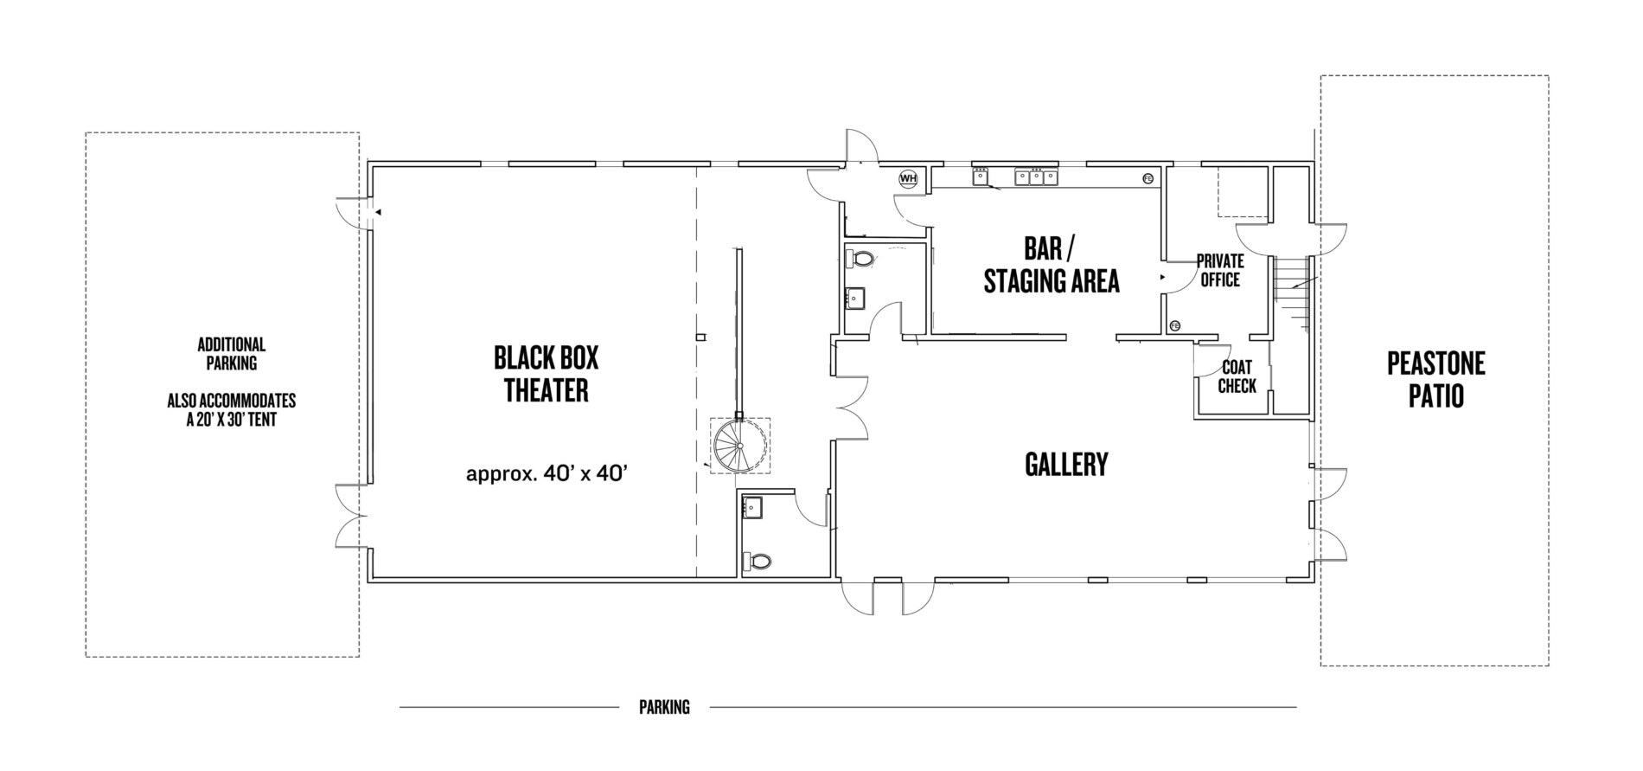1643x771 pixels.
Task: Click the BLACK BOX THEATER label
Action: (546, 374)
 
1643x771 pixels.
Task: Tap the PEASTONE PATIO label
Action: (1435, 379)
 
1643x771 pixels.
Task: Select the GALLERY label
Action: (1065, 465)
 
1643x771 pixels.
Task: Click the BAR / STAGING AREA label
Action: (1052, 266)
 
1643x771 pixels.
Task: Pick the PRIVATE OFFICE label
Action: (1220, 271)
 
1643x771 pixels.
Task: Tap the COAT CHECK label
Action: (1237, 377)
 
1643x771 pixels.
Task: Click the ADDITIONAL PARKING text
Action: (232, 353)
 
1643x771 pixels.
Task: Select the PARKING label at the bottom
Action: (664, 707)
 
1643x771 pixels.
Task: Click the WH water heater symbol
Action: (907, 178)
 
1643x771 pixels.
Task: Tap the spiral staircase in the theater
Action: (740, 446)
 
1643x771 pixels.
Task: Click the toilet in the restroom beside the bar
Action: (862, 259)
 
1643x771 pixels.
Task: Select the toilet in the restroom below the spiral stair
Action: (758, 562)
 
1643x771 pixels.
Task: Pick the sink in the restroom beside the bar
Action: (854, 299)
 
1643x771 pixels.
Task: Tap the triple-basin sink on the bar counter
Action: (1036, 177)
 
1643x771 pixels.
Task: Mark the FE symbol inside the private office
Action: (1174, 325)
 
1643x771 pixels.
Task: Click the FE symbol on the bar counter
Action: (1148, 178)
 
